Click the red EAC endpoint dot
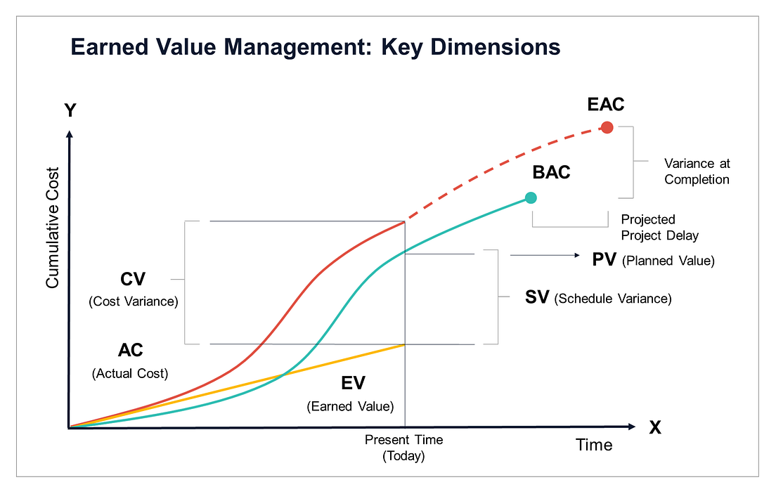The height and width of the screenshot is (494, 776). [607, 127]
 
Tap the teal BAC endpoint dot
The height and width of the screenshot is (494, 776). [531, 198]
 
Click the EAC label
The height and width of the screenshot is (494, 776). [606, 105]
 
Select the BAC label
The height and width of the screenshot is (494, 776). [551, 171]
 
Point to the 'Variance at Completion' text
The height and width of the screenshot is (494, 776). [697, 171]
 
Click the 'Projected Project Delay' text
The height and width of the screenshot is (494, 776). [660, 227]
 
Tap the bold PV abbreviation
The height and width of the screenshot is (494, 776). [604, 260]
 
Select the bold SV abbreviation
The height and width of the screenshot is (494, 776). [538, 298]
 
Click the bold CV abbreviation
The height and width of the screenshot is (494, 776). [133, 280]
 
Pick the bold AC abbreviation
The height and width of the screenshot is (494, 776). [130, 351]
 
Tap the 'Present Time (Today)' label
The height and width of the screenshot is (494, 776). [403, 448]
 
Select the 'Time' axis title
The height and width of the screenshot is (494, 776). [594, 445]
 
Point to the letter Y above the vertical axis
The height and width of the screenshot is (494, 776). [70, 111]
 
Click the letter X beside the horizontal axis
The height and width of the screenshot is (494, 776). [655, 427]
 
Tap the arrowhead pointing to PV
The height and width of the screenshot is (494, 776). [577, 255]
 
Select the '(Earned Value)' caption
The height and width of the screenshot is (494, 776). [350, 406]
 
